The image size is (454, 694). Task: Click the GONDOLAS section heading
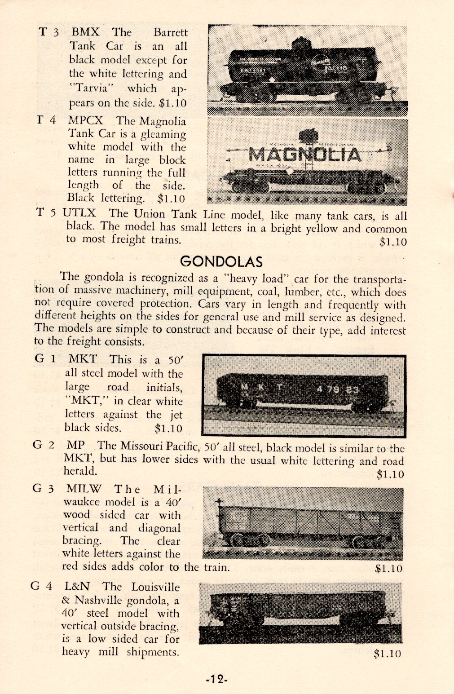(x=221, y=261)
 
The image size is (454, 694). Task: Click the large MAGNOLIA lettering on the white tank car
(x=305, y=154)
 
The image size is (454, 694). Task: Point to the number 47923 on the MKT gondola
(x=338, y=389)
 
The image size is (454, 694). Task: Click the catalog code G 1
(x=45, y=359)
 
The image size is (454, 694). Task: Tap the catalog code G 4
(x=42, y=586)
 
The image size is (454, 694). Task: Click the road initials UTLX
(x=79, y=212)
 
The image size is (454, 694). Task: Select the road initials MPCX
(x=86, y=121)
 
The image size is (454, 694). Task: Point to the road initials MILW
(x=84, y=488)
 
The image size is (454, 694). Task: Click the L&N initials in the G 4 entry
(x=77, y=586)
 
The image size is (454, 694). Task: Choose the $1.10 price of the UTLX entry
(x=393, y=242)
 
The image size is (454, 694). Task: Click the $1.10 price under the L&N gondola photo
(x=387, y=654)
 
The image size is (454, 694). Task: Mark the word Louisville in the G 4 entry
(x=155, y=587)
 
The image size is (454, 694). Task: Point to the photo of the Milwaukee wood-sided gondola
(x=303, y=523)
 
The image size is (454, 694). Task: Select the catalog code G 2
(x=44, y=445)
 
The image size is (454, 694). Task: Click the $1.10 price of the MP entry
(x=390, y=474)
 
